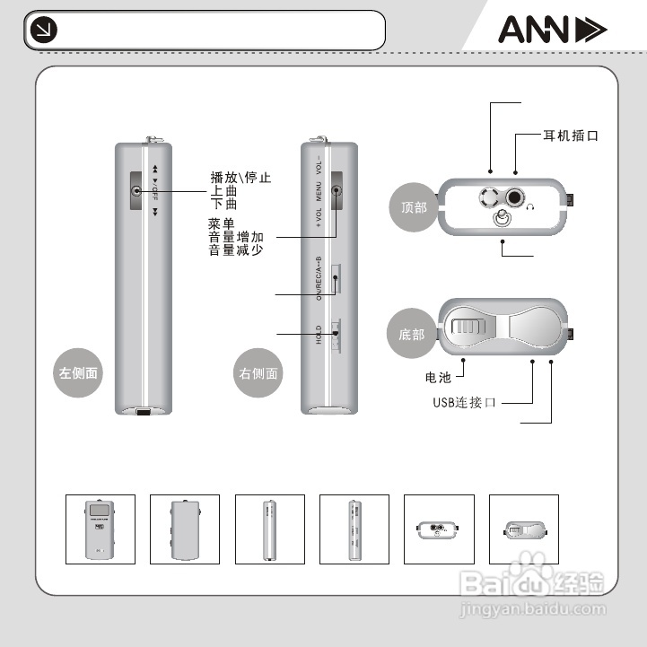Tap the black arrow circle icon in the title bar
point(42,31)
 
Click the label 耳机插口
point(570,136)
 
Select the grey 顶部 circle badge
point(414,206)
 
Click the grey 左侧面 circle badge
point(78,372)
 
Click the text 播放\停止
point(240,178)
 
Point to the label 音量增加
point(236,237)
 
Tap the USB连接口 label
point(464,403)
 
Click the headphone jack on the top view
point(516,197)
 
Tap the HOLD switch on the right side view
point(336,336)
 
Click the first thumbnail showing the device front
point(101,529)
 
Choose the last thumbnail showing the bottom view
point(523,529)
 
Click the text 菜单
point(222,223)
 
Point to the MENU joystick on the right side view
point(337,190)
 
